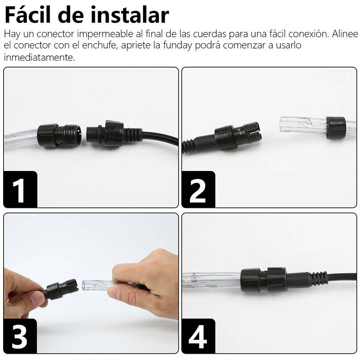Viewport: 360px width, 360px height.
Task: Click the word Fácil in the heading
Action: coord(27,15)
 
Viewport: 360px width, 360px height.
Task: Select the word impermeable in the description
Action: coord(105,35)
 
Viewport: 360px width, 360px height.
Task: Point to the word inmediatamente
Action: coord(39,57)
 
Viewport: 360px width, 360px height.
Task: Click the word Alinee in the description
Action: coord(345,34)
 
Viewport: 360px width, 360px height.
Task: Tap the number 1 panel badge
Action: coord(20,189)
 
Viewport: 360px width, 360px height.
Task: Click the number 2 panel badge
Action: coord(198,189)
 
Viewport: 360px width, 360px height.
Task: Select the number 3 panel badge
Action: coord(20,336)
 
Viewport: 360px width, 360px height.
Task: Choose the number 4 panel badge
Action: coord(198,336)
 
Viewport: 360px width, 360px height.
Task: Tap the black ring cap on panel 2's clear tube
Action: coord(336,128)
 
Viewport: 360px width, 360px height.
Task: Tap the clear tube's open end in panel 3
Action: coord(84,286)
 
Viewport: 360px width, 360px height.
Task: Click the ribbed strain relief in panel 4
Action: coord(319,278)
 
